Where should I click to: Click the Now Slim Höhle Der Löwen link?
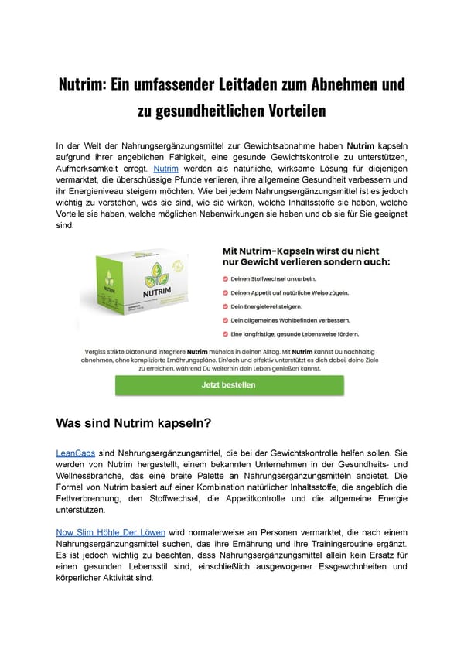point(111,533)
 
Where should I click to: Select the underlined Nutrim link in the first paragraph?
point(166,168)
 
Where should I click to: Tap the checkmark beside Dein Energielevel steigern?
point(225,306)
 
